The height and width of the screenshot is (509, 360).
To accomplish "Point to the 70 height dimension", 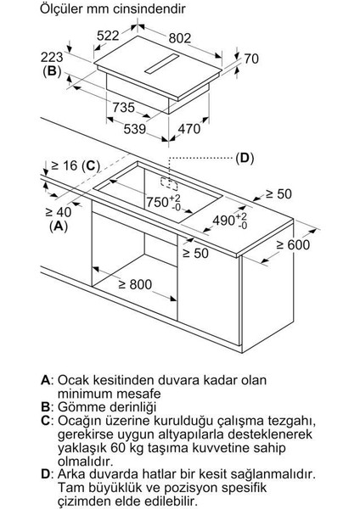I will [x=250, y=59].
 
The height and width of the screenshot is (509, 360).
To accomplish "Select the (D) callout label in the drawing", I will [x=245, y=158].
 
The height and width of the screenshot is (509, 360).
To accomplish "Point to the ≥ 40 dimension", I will [x=35, y=212].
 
